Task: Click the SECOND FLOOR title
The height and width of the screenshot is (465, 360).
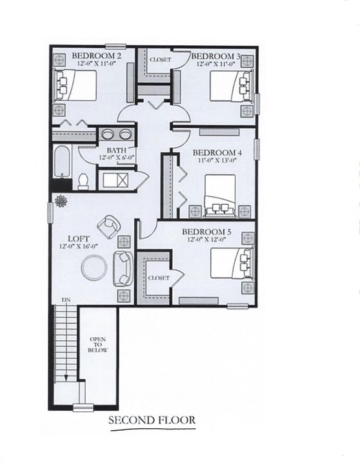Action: [152, 420]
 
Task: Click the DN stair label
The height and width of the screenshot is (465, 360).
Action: [66, 300]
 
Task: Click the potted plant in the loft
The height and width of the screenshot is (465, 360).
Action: [61, 201]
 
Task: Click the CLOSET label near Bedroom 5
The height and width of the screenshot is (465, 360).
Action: [159, 278]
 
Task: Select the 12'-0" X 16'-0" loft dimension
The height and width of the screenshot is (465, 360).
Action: [72, 246]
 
